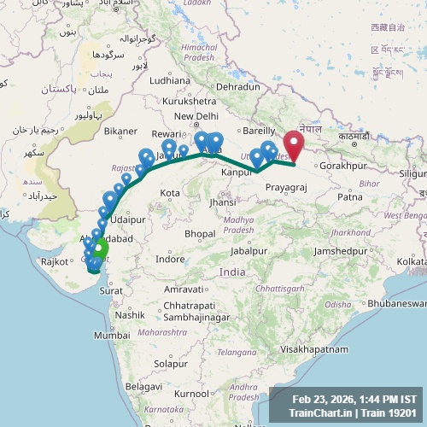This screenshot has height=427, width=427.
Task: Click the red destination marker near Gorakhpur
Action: tap(295, 143)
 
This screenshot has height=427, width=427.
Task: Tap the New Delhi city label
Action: tap(196, 116)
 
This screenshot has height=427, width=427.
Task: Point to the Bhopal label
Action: tap(199, 233)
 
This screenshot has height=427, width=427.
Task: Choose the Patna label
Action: tap(350, 196)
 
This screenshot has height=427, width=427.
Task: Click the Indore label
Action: tap(171, 258)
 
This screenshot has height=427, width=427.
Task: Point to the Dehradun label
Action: tap(237, 87)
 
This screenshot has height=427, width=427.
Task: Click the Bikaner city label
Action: tap(120, 132)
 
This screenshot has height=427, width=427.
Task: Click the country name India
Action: tap(232, 272)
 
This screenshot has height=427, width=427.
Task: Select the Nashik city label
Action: tap(131, 315)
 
